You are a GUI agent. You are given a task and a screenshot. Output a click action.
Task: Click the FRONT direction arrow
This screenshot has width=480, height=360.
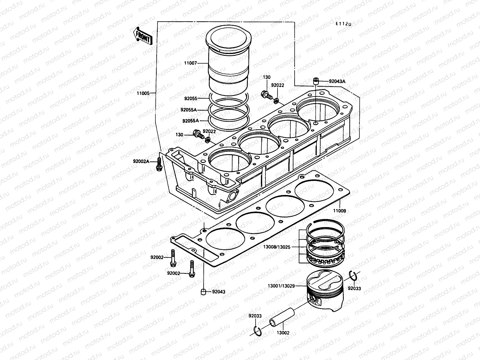[x=142, y=36]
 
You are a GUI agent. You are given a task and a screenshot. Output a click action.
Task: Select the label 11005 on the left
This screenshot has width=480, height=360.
[x=143, y=93]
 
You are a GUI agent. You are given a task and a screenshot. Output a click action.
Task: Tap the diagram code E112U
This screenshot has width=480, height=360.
[x=343, y=24]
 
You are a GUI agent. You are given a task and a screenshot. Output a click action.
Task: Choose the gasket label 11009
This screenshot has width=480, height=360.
[x=339, y=211]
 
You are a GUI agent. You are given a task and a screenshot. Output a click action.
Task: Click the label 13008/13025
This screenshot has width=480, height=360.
[x=276, y=247]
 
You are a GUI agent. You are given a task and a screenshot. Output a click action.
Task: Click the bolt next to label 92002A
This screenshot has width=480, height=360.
[x=159, y=165]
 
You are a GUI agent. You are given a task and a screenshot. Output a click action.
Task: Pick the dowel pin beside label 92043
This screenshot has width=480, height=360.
[x=203, y=292]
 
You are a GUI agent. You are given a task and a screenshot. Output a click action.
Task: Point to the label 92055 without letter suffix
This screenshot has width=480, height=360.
[x=191, y=98]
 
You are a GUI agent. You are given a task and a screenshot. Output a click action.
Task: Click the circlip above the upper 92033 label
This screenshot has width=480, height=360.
[x=353, y=275]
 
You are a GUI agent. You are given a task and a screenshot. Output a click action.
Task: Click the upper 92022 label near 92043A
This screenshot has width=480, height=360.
[x=277, y=85]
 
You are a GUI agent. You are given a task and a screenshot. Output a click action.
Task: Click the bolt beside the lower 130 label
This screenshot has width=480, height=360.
[x=198, y=135]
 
